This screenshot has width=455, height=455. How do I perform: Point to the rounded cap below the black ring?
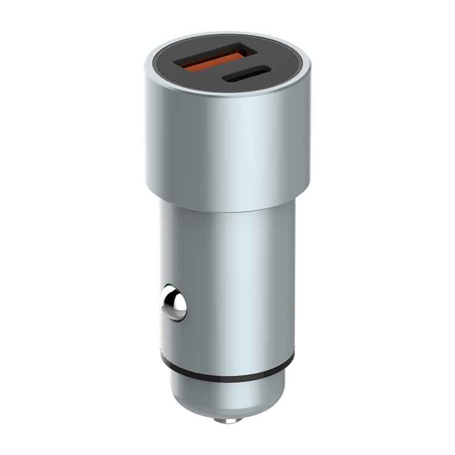[x=227, y=397]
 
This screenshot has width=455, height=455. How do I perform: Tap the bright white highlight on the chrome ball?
[x=170, y=300]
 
